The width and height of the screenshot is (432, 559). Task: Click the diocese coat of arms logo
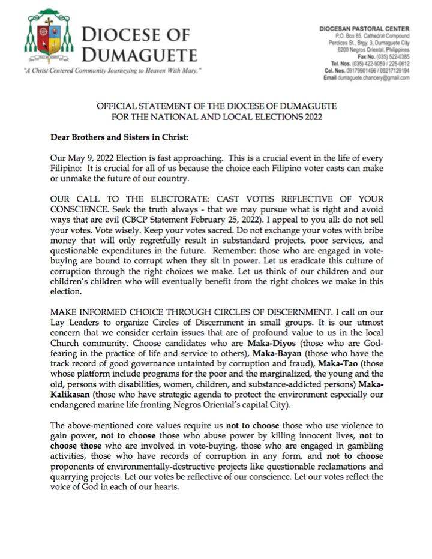[x=48, y=37]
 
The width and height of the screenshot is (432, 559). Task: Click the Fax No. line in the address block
[x=384, y=56]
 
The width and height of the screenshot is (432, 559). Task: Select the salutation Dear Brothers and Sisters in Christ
[x=119, y=137]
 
